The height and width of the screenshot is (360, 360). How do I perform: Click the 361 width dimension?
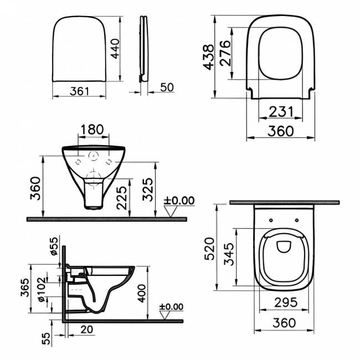click(80, 91)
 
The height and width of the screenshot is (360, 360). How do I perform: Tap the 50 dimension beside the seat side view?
click(167, 87)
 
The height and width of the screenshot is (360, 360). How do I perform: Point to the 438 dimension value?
click(209, 56)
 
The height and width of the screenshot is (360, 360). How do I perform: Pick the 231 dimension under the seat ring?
click(281, 111)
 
